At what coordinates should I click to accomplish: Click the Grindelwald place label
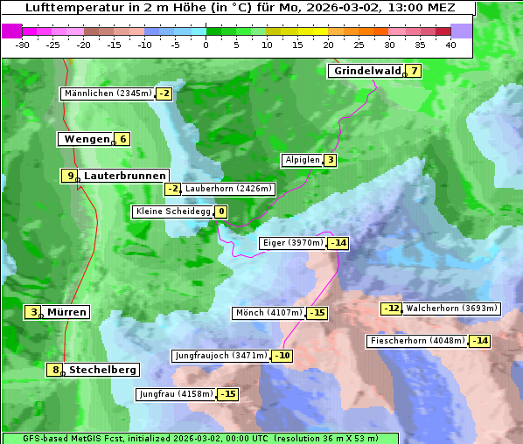(366, 71)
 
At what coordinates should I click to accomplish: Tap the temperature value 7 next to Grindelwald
(415, 71)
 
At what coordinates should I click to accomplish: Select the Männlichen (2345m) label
(108, 94)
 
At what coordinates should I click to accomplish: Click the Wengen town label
(85, 139)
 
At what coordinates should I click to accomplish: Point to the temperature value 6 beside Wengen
(123, 139)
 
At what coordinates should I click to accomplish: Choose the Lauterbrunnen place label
(124, 176)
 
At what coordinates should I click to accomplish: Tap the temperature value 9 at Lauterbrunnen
(70, 176)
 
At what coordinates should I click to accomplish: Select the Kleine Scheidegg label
(173, 212)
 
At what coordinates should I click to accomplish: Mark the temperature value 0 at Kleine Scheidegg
(221, 212)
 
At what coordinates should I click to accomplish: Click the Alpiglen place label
(302, 160)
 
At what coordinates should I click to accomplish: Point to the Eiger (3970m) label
(293, 243)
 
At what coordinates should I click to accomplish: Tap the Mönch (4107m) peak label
(268, 313)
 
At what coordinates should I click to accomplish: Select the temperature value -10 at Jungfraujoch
(282, 356)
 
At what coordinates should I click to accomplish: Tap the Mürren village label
(66, 312)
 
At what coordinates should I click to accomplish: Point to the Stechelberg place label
(102, 370)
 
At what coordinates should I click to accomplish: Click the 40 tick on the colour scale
(450, 45)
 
